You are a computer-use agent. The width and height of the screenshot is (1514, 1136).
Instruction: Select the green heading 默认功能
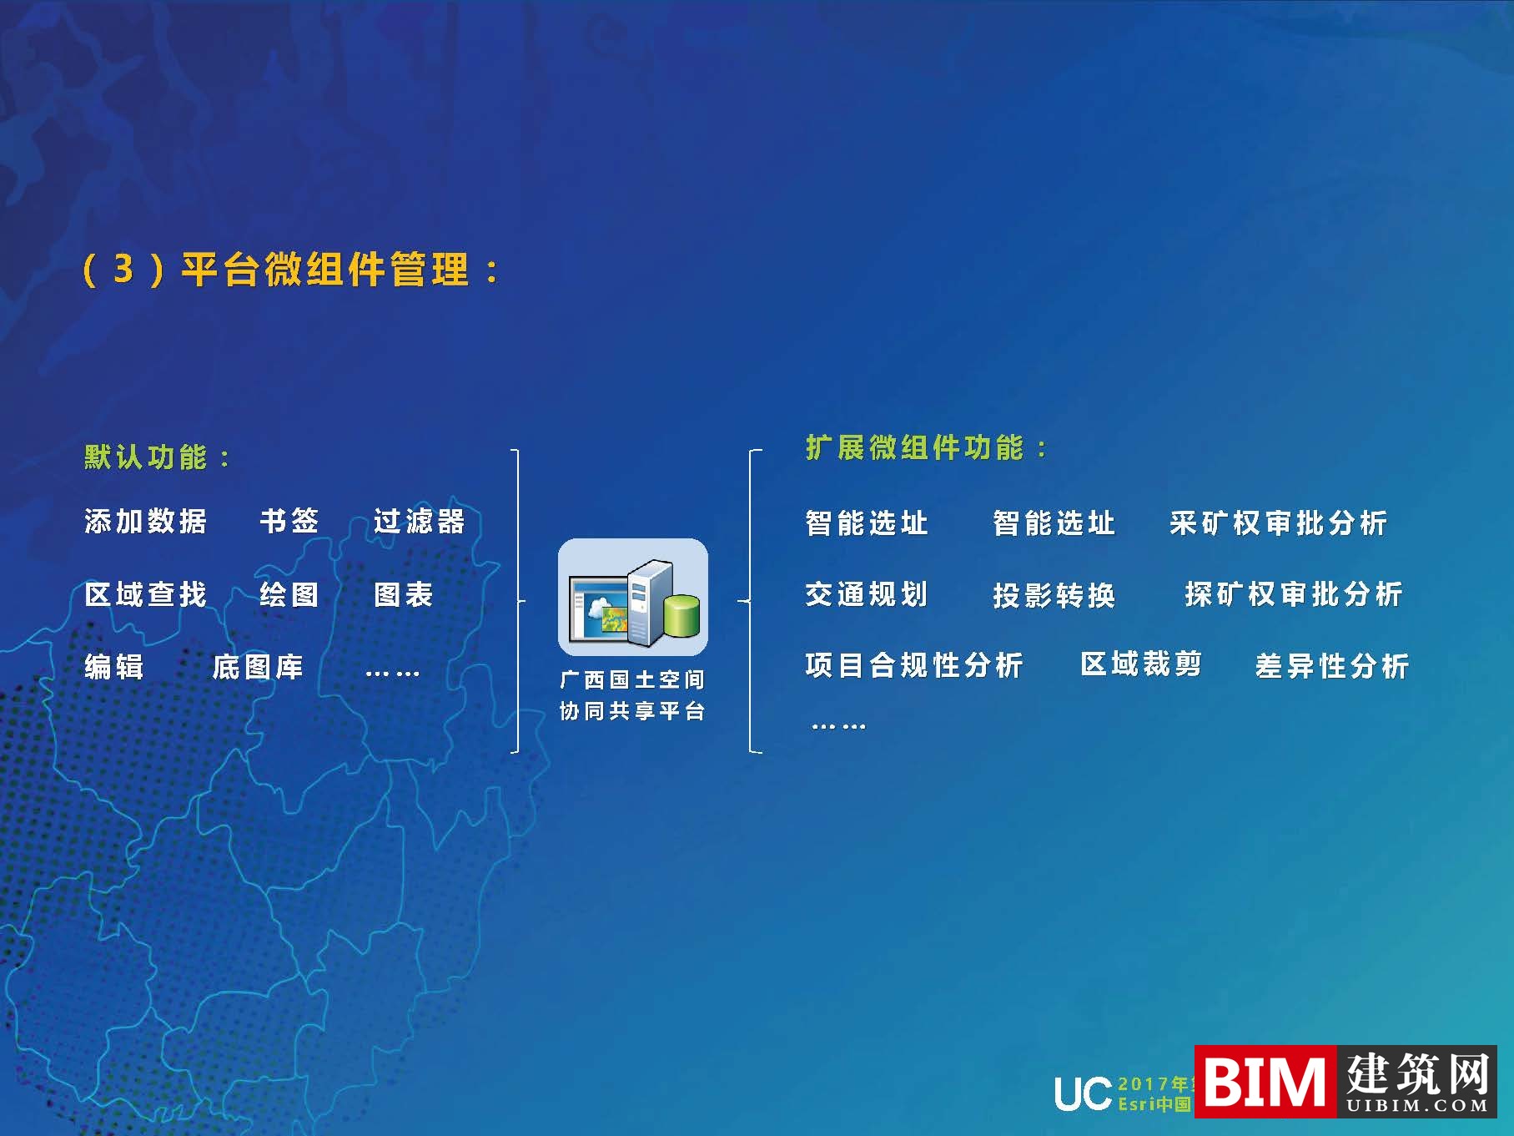pyautogui.click(x=146, y=457)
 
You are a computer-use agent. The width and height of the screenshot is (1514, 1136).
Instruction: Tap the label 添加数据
pyautogui.click(x=146, y=521)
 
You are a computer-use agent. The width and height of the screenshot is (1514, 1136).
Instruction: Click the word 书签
pyautogui.click(x=289, y=521)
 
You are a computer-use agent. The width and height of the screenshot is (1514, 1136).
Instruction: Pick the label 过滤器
pyautogui.click(x=419, y=521)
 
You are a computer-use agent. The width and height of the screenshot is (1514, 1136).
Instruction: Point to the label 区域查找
pyautogui.click(x=146, y=594)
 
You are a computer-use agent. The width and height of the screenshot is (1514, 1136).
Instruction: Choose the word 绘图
pyautogui.click(x=289, y=594)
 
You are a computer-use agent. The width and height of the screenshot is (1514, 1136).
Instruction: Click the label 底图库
pyautogui.click(x=258, y=667)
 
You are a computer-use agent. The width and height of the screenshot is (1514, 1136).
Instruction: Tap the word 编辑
pyautogui.click(x=114, y=667)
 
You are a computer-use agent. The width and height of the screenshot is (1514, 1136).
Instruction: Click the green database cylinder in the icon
pyautogui.click(x=682, y=616)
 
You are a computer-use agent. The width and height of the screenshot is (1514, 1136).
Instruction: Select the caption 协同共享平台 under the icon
pyautogui.click(x=632, y=711)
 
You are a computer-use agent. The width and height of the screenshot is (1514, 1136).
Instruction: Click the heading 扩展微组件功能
pyautogui.click(x=915, y=448)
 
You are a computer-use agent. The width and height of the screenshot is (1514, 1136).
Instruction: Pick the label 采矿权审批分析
pyautogui.click(x=1278, y=523)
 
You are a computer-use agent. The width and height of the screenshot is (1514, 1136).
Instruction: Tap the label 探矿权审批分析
pyautogui.click(x=1294, y=594)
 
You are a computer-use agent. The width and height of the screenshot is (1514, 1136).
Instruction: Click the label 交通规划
pyautogui.click(x=867, y=594)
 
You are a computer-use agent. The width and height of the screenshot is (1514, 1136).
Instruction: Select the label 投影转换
pyautogui.click(x=1054, y=595)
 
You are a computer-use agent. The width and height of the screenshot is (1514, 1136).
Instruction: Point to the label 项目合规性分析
pyautogui.click(x=914, y=665)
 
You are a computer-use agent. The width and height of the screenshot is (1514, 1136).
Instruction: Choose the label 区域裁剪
pyautogui.click(x=1141, y=664)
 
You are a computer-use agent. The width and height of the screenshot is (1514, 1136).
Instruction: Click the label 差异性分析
pyautogui.click(x=1332, y=666)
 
